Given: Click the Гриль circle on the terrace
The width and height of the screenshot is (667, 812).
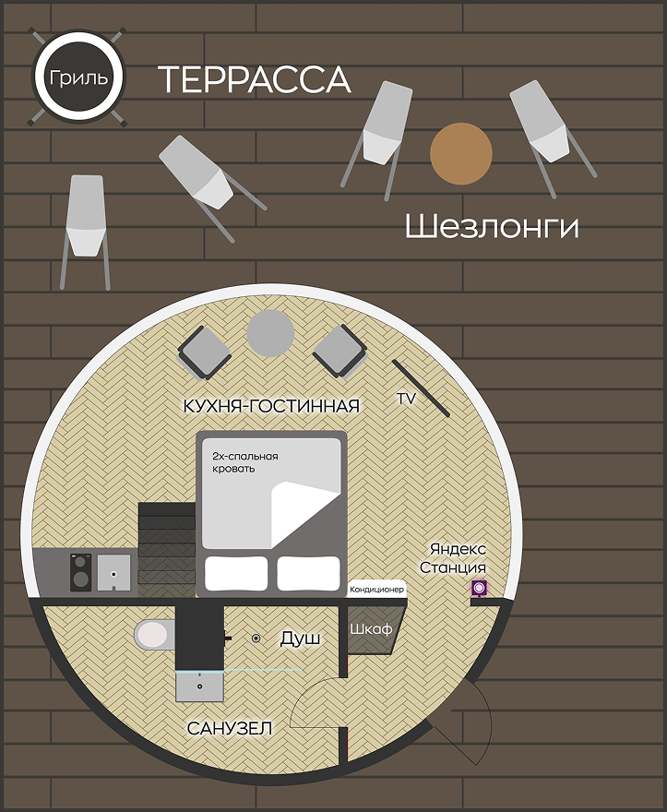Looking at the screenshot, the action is click(78, 78).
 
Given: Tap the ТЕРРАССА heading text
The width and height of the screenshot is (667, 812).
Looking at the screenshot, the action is click(255, 79).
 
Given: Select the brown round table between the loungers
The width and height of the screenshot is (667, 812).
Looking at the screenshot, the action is click(461, 153).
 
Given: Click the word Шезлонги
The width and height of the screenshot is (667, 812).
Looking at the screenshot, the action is click(492, 227).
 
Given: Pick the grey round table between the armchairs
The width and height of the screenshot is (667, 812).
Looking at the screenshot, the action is click(270, 333).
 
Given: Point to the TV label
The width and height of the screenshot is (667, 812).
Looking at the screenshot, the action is click(406, 399).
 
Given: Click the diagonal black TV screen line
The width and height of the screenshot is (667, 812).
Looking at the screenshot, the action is click(421, 388).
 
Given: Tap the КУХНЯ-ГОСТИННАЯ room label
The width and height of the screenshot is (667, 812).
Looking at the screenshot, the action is click(271, 406).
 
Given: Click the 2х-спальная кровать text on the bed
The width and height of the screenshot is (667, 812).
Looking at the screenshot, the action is click(245, 462).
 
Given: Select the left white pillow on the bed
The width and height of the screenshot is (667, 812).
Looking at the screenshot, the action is click(236, 573).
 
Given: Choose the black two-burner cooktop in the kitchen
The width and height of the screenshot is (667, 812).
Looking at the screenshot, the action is click(81, 572).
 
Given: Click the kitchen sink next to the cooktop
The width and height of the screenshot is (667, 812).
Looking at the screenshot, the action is click(114, 572).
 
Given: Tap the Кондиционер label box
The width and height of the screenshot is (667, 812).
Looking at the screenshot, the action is click(376, 590).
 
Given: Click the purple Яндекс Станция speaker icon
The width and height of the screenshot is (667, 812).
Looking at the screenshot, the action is click(479, 588).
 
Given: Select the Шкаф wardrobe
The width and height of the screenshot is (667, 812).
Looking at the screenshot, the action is click(370, 630).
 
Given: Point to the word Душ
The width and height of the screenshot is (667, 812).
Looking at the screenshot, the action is click(300, 639).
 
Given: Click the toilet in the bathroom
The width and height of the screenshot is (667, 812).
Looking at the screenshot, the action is click(154, 634).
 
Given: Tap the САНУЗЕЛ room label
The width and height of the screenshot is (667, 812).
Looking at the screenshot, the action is click(230, 729).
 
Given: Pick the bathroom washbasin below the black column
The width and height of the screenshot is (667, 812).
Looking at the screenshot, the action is click(200, 687).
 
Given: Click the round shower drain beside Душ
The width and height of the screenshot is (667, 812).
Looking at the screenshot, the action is click(256, 639).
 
